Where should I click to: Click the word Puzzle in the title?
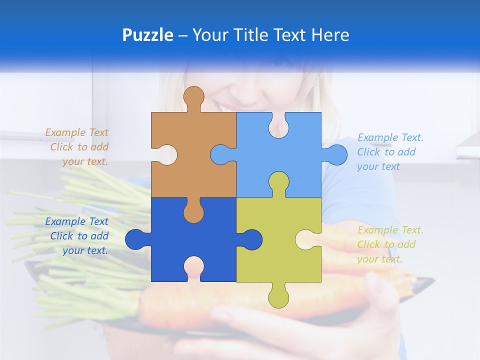pyautogui.click(x=147, y=35)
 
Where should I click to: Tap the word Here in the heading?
pyautogui.click(x=329, y=35)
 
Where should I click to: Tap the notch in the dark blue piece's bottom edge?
pyautogui.click(x=193, y=267)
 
